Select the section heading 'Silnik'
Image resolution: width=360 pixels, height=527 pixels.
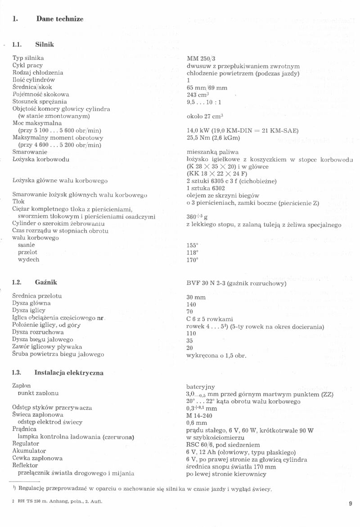pyautogui.click(x=45, y=45)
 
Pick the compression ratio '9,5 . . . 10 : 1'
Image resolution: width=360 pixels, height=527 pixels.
pyautogui.click(x=204, y=102)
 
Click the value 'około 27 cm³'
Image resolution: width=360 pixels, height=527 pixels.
pyautogui.click(x=205, y=116)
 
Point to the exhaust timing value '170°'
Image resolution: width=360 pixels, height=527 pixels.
pyautogui.click(x=193, y=260)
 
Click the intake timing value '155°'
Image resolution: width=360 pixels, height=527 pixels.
pyautogui.click(x=193, y=245)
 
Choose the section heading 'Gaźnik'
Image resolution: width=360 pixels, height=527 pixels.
pyautogui.click(x=46, y=282)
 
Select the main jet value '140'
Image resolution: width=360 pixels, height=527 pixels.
pyautogui.click(x=191, y=304)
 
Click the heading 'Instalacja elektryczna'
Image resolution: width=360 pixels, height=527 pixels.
pyautogui.click(x=69, y=373)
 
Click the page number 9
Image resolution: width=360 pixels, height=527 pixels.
pyautogui.click(x=350, y=504)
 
